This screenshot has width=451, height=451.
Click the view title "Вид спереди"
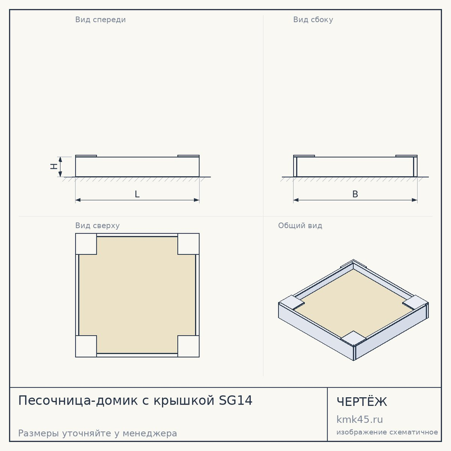click(101, 19)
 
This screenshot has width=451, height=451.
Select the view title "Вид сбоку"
click(313, 19)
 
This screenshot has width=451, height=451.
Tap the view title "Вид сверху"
click(97, 225)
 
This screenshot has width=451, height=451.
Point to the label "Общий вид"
click(300, 225)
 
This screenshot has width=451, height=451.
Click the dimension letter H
click(54, 166)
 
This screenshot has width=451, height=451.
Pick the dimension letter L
click(137, 194)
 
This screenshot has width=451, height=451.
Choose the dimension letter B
click(355, 194)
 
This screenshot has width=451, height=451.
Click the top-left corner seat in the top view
click(86, 244)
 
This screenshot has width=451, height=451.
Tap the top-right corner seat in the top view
click(189, 244)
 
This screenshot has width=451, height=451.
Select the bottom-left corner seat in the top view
click(86, 346)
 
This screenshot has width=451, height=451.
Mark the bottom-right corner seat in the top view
click(189, 346)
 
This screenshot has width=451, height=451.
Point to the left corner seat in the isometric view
click(292, 302)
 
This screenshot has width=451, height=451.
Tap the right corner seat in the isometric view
click(415, 302)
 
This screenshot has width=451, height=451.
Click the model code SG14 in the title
click(235, 400)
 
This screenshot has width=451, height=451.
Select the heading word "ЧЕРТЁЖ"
click(362, 401)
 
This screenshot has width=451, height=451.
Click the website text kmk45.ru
click(359, 419)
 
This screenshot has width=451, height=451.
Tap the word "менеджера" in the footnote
click(150, 433)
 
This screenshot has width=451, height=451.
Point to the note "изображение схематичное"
click(387, 433)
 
